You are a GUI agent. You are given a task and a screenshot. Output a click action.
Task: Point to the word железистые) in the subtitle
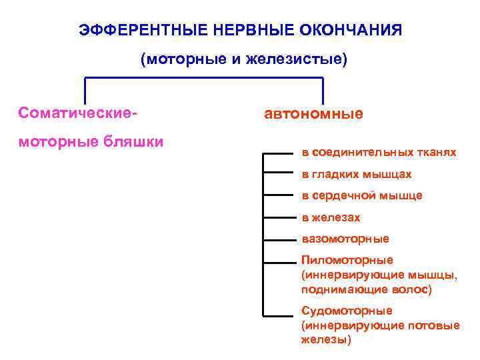297,59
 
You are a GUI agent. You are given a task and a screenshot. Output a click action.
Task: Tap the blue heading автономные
313,113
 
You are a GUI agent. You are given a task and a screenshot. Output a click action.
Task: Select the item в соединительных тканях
379,153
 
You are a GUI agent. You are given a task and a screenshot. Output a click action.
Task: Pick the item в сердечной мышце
362,195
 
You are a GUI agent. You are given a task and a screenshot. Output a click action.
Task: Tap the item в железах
331,217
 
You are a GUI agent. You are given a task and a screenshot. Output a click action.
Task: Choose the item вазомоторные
345,239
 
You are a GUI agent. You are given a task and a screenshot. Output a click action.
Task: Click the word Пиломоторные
347,260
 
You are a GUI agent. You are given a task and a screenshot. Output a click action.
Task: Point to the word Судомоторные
347,311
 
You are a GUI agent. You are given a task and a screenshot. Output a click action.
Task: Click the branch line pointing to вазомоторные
279,239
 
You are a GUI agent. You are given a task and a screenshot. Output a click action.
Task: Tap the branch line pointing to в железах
279,217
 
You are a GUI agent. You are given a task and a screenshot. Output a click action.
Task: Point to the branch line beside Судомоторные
279,315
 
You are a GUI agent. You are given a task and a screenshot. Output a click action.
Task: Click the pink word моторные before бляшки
58,141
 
